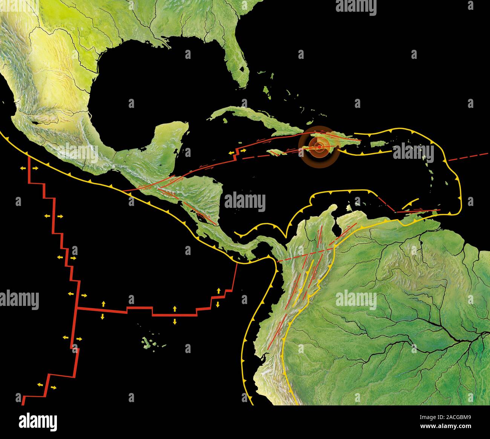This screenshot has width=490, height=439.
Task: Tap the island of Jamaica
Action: [x=275, y=152]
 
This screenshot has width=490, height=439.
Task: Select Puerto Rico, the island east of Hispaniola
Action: [x=377, y=144]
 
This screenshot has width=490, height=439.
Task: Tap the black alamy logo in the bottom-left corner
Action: [x=38, y=421]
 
